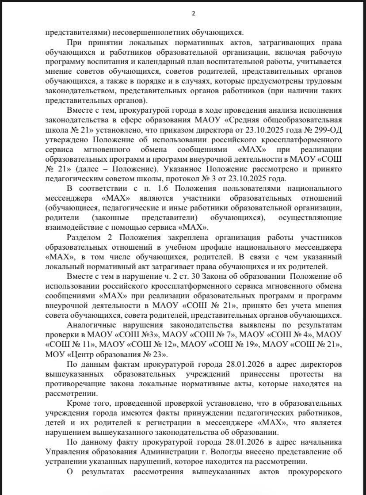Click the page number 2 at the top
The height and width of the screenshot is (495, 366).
tap(193, 13)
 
